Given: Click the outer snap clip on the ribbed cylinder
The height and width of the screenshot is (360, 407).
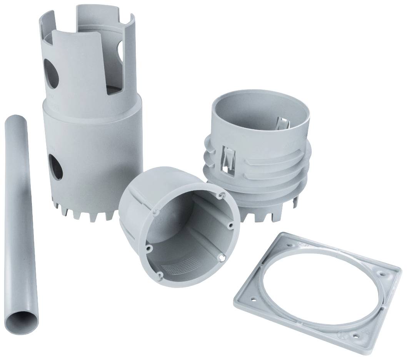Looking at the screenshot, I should [228, 158].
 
